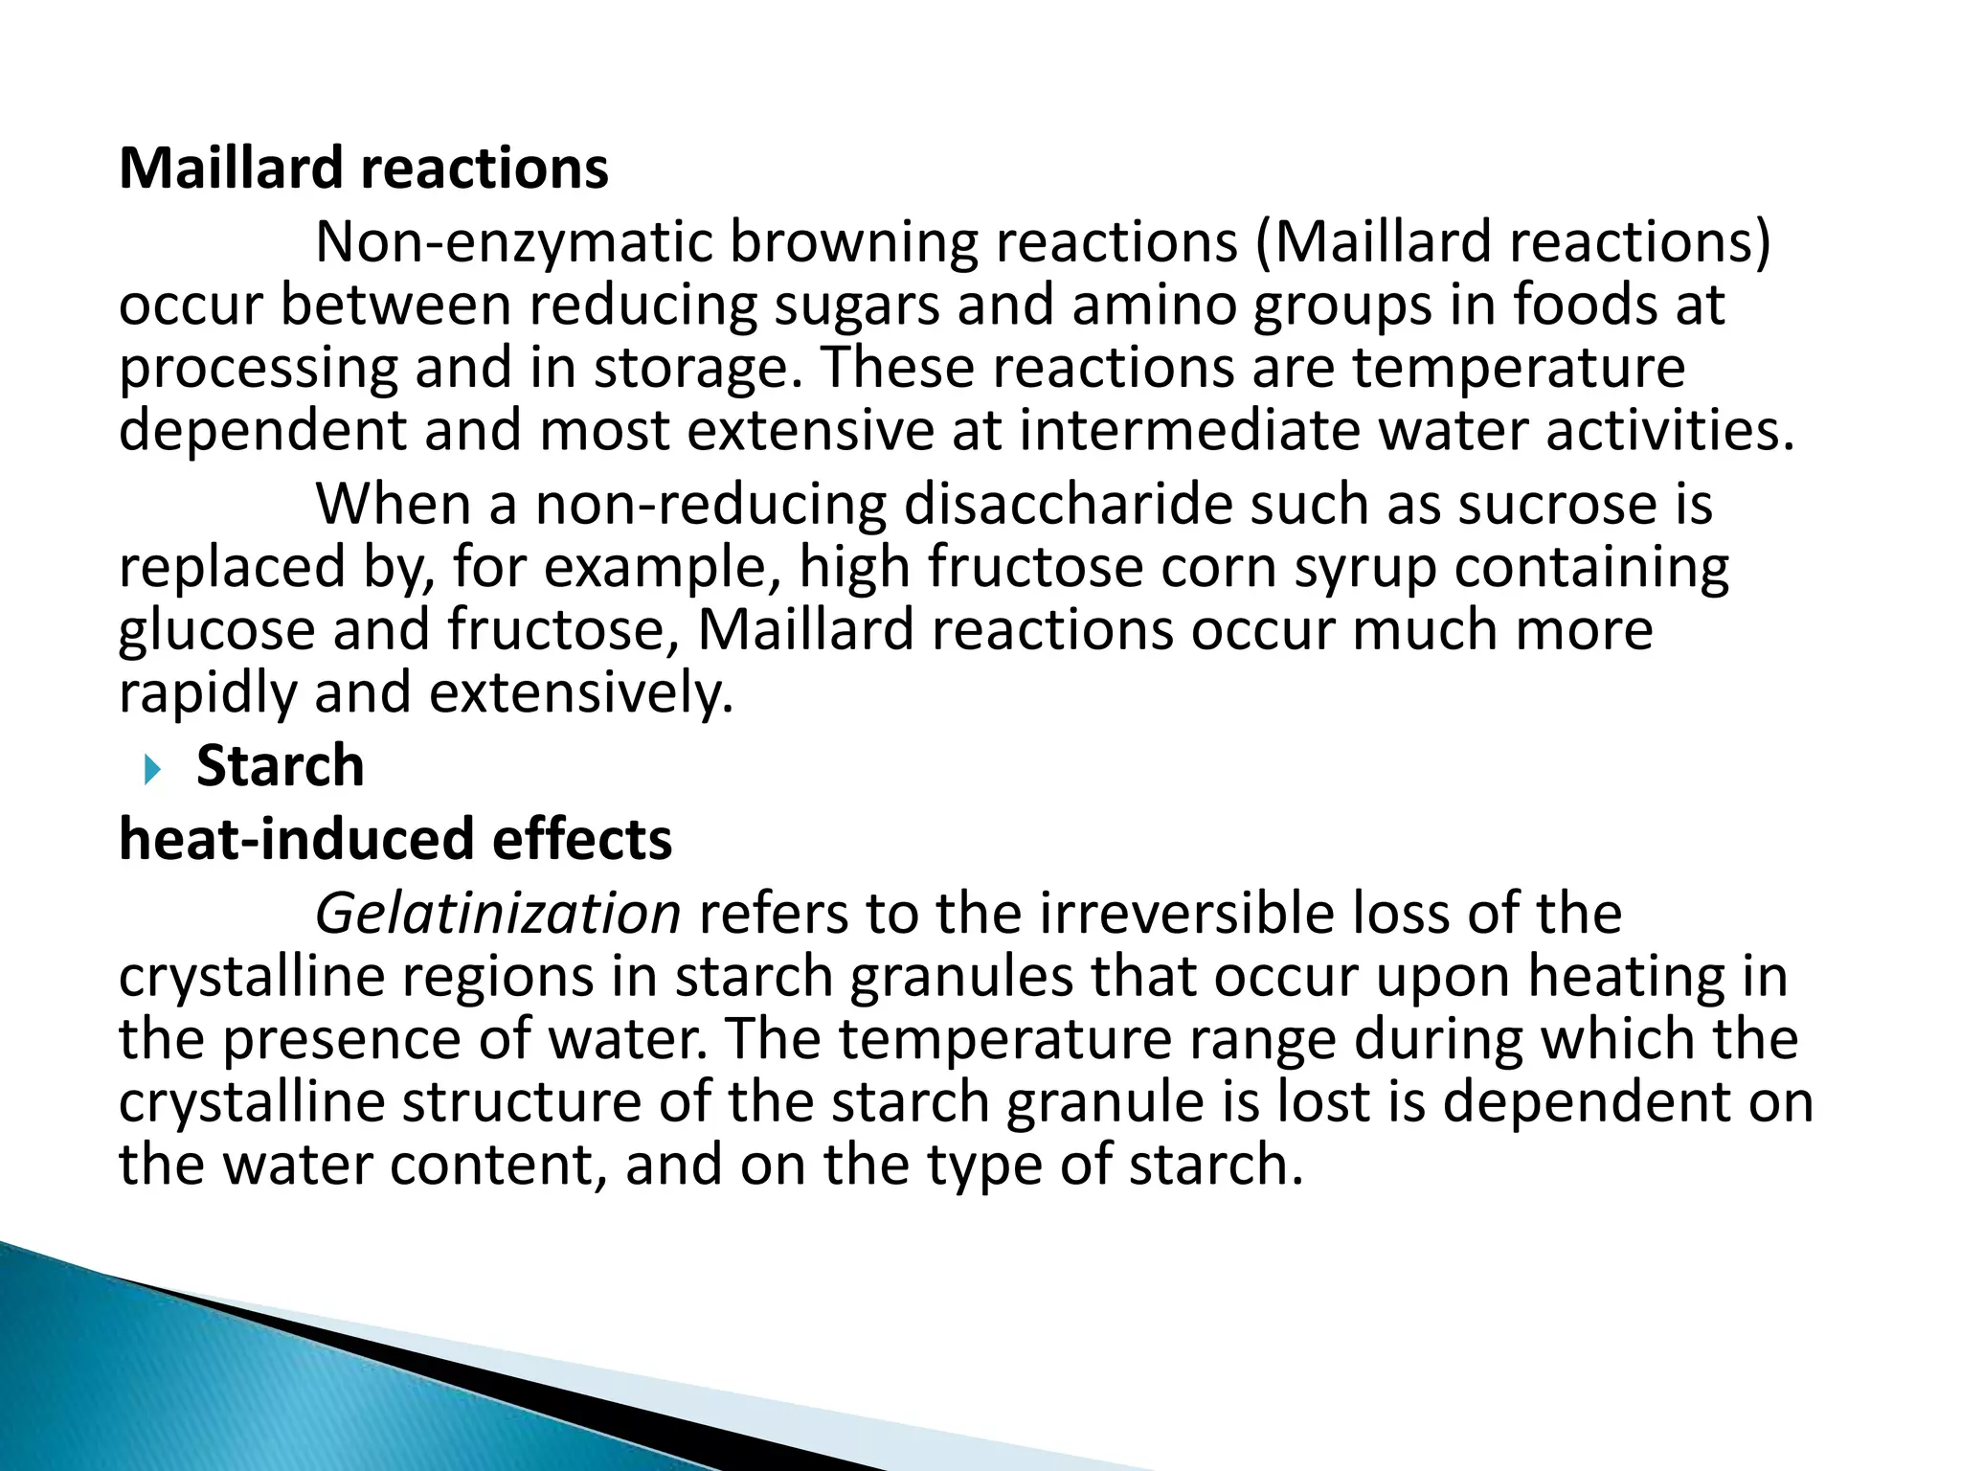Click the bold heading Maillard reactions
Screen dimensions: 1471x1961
point(364,169)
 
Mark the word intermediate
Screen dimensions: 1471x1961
point(1188,431)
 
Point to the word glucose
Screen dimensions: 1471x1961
point(216,632)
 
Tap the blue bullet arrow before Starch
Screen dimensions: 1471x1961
point(152,769)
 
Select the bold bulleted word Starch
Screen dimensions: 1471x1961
point(280,766)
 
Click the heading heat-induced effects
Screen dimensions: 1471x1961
point(395,839)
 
